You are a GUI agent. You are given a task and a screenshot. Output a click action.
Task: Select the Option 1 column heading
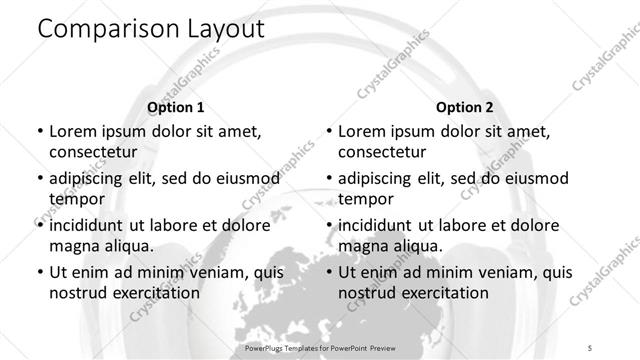[x=175, y=107]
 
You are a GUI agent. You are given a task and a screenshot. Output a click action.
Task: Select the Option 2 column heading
[x=464, y=107]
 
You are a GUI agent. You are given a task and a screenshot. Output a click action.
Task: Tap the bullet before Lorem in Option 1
[x=38, y=131]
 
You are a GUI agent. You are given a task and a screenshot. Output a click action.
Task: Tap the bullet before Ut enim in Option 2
[x=327, y=272]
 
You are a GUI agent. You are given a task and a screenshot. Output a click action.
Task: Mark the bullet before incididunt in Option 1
[x=38, y=225]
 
